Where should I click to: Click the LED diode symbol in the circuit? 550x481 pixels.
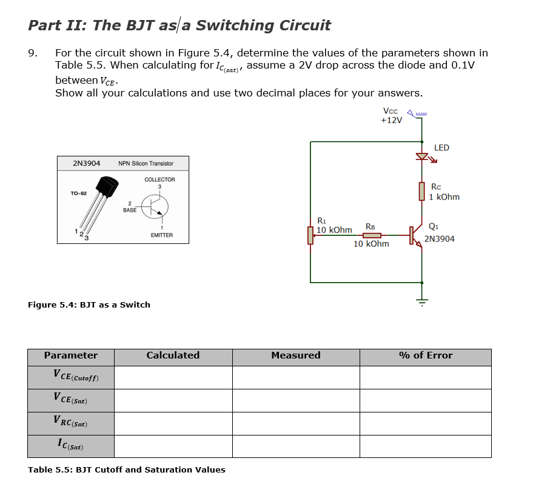coord(422,157)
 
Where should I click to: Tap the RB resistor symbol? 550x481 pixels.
coord(371,235)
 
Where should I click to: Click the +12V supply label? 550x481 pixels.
coord(391,120)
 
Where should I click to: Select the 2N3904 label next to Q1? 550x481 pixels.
coord(439,239)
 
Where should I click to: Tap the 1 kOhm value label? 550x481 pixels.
coord(444,197)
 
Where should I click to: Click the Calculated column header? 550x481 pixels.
coord(173,356)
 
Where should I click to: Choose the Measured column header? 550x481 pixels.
coord(296,356)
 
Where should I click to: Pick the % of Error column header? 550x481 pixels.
coord(425,356)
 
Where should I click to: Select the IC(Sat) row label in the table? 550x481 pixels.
coord(71,446)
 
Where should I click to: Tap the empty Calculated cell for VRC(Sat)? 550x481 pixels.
coord(173,423)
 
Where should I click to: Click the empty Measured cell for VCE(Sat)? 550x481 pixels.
coord(296,400)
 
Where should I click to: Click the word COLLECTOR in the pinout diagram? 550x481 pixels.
coord(159,180)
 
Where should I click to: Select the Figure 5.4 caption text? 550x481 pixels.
coord(89,304)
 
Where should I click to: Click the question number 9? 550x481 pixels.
coord(33,53)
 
